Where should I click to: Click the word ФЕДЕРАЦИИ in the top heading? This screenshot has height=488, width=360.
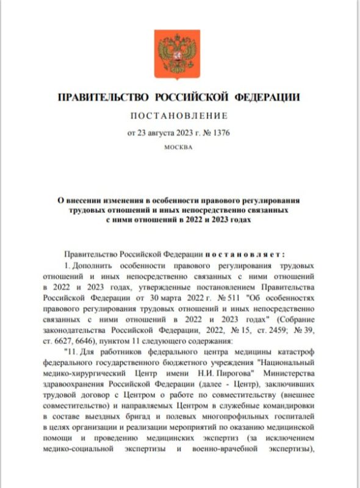tap(269, 97)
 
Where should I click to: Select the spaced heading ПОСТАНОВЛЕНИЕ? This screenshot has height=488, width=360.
tap(179, 115)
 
